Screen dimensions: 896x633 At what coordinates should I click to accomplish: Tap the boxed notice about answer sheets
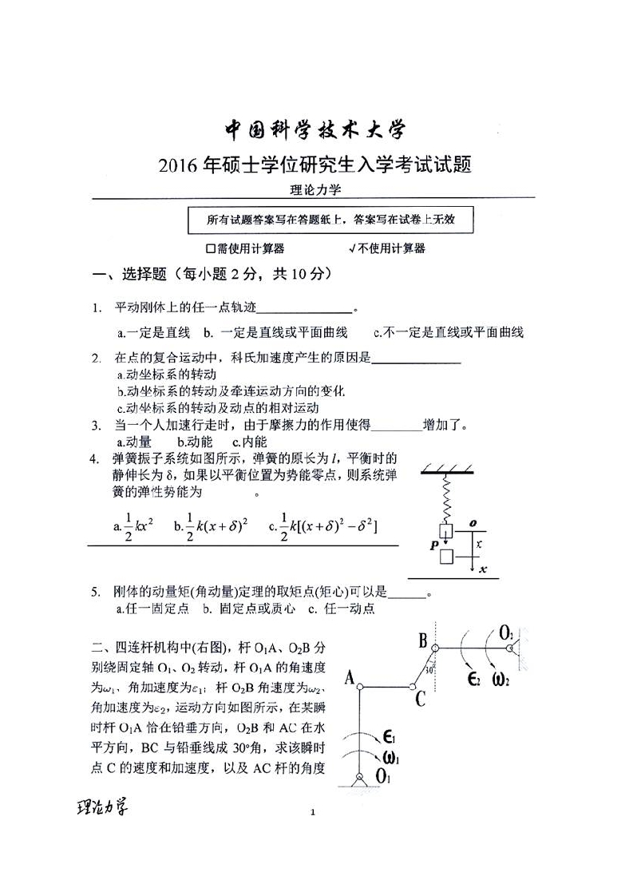tap(330, 219)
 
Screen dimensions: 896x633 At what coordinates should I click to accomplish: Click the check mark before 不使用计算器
tap(351, 248)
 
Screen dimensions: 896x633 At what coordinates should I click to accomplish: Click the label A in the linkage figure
tap(349, 678)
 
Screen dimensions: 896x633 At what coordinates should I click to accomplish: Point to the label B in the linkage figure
tap(423, 640)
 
